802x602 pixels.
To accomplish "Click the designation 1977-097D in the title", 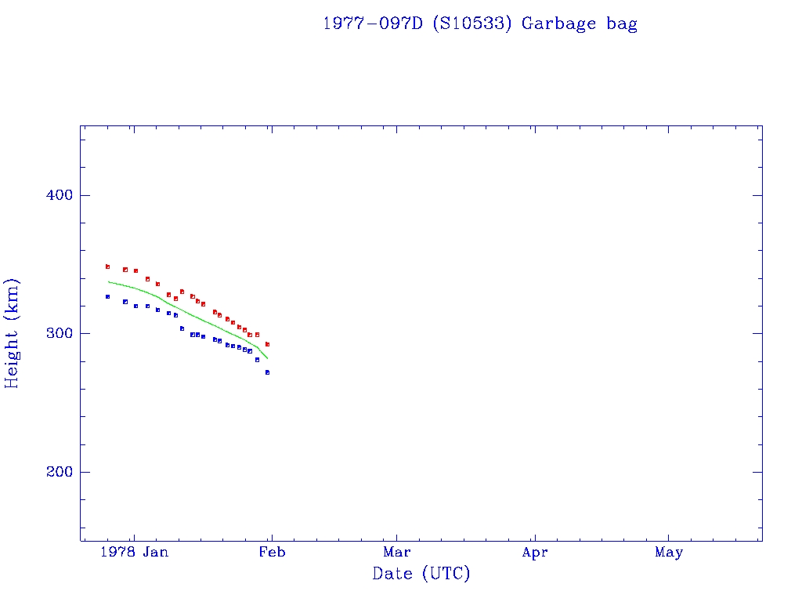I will click(373, 24).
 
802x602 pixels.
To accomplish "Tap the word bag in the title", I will click(622, 24).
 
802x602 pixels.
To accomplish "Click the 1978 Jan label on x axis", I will click(135, 553).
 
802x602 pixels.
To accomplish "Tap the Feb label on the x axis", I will click(272, 553).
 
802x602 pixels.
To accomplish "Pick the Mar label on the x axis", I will click(397, 553).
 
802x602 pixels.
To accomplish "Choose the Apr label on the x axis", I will click(535, 553).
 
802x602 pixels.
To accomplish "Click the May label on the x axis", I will click(669, 553).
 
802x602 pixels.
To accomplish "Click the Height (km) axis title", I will click(12, 333).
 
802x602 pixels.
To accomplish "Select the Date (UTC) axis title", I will click(421, 574).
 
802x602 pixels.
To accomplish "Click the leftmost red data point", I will click(107, 267).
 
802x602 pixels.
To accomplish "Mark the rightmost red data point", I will click(267, 344).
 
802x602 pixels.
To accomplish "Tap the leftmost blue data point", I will click(107, 296).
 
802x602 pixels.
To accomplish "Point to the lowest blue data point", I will click(267, 372).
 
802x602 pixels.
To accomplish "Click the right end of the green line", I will click(267, 358).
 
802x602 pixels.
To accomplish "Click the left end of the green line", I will click(108, 281).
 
